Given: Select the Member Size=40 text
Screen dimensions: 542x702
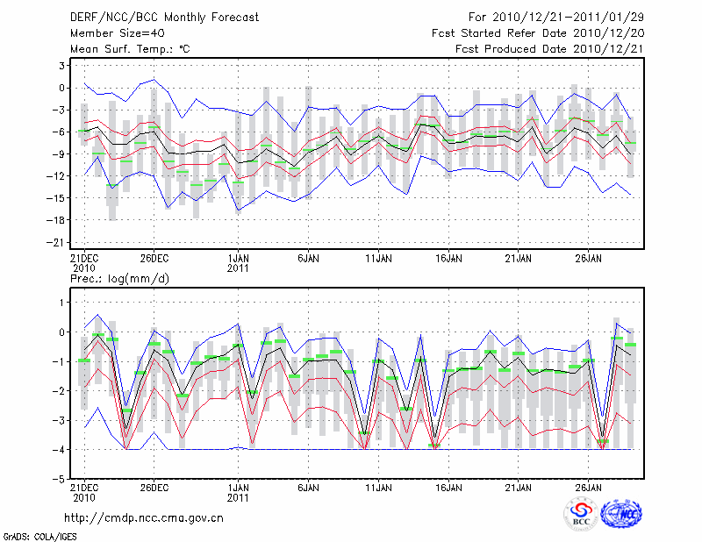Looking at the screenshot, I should [111, 33].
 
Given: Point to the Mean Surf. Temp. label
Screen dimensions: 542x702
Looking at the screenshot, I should [130, 49].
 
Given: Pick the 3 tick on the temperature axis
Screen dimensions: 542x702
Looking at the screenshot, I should [62, 66].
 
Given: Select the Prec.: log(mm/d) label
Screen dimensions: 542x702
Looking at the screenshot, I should [120, 279].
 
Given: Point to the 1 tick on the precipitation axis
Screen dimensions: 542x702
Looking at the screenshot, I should [63, 303].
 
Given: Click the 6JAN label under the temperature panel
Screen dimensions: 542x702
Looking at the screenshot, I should [307, 260].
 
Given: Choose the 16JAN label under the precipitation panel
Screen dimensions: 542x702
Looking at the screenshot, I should [448, 489].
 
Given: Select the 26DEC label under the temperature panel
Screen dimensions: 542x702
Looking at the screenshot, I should [154, 260].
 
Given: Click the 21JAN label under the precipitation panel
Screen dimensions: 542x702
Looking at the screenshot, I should [519, 489].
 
